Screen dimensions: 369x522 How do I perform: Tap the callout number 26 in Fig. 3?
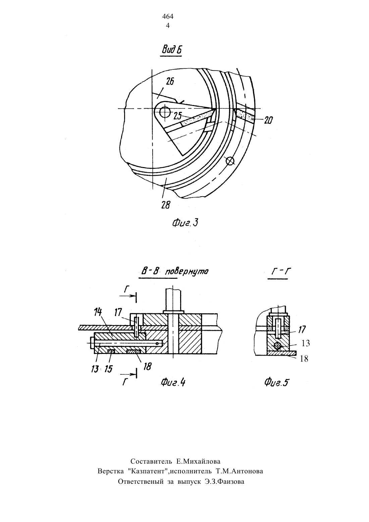click(x=170, y=82)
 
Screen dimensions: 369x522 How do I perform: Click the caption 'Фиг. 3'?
click(x=185, y=223)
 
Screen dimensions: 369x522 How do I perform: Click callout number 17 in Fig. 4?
click(x=118, y=312)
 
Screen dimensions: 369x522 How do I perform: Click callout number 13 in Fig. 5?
click(x=306, y=343)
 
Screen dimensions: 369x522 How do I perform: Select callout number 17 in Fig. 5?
click(x=302, y=330)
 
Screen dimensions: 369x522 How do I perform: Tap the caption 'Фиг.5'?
click(x=276, y=382)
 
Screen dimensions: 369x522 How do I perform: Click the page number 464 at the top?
click(x=168, y=17)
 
